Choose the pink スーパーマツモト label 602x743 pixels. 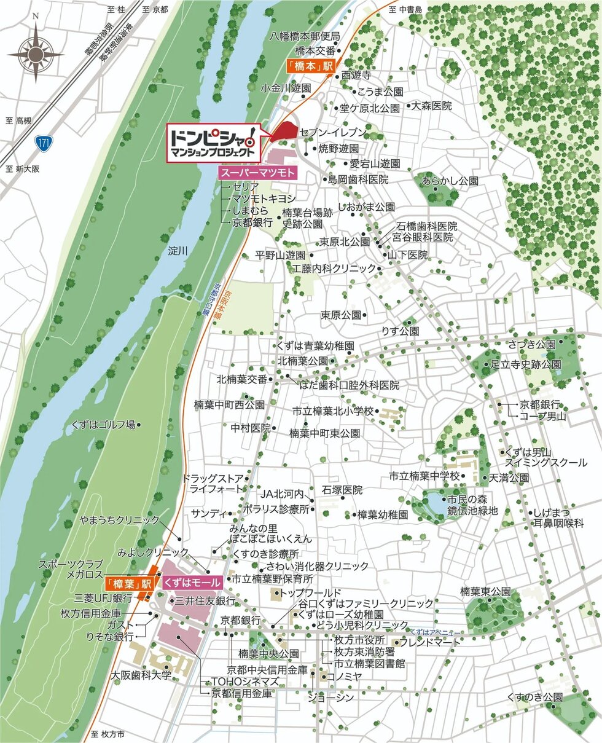tap(258, 173)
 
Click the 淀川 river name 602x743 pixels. tap(177, 251)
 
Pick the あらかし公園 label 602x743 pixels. tap(450, 181)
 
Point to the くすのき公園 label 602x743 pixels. tap(534, 697)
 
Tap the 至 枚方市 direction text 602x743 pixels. tap(107, 734)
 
